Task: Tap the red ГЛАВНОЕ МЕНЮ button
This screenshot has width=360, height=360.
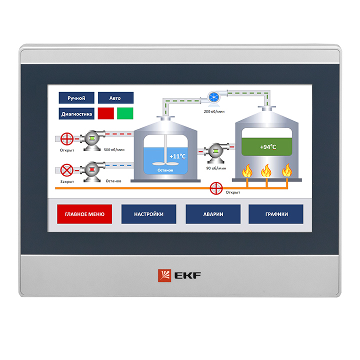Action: tap(84, 214)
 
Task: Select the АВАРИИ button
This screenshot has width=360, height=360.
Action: tap(213, 214)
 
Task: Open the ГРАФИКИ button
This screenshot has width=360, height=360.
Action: tap(276, 214)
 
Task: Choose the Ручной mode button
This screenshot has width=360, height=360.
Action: tap(76, 98)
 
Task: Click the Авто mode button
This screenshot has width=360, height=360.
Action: tap(115, 98)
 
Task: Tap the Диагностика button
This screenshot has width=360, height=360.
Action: tap(76, 113)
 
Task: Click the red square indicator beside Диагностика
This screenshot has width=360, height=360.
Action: tap(106, 113)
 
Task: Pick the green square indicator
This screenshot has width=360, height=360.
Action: tap(125, 113)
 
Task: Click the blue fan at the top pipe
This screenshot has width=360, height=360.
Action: tap(214, 97)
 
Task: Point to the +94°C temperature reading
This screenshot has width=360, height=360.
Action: tap(268, 147)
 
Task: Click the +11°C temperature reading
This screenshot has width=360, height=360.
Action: tap(177, 156)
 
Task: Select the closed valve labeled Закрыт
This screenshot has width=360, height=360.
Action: tap(67, 170)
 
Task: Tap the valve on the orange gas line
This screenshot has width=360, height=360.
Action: tap(216, 188)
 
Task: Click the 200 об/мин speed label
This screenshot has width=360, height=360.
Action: tap(214, 111)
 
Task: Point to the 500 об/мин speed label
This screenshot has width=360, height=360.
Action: tap(114, 149)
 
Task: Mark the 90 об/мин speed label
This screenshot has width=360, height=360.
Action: tap(216, 168)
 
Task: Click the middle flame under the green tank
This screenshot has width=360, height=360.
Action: tap(266, 171)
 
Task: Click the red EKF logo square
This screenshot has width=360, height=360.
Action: tap(164, 275)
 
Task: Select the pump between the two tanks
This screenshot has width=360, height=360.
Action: tap(216, 152)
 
